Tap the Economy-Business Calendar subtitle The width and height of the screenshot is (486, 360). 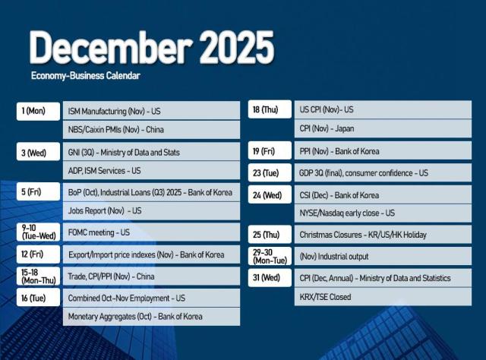pyautogui.click(x=86, y=76)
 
